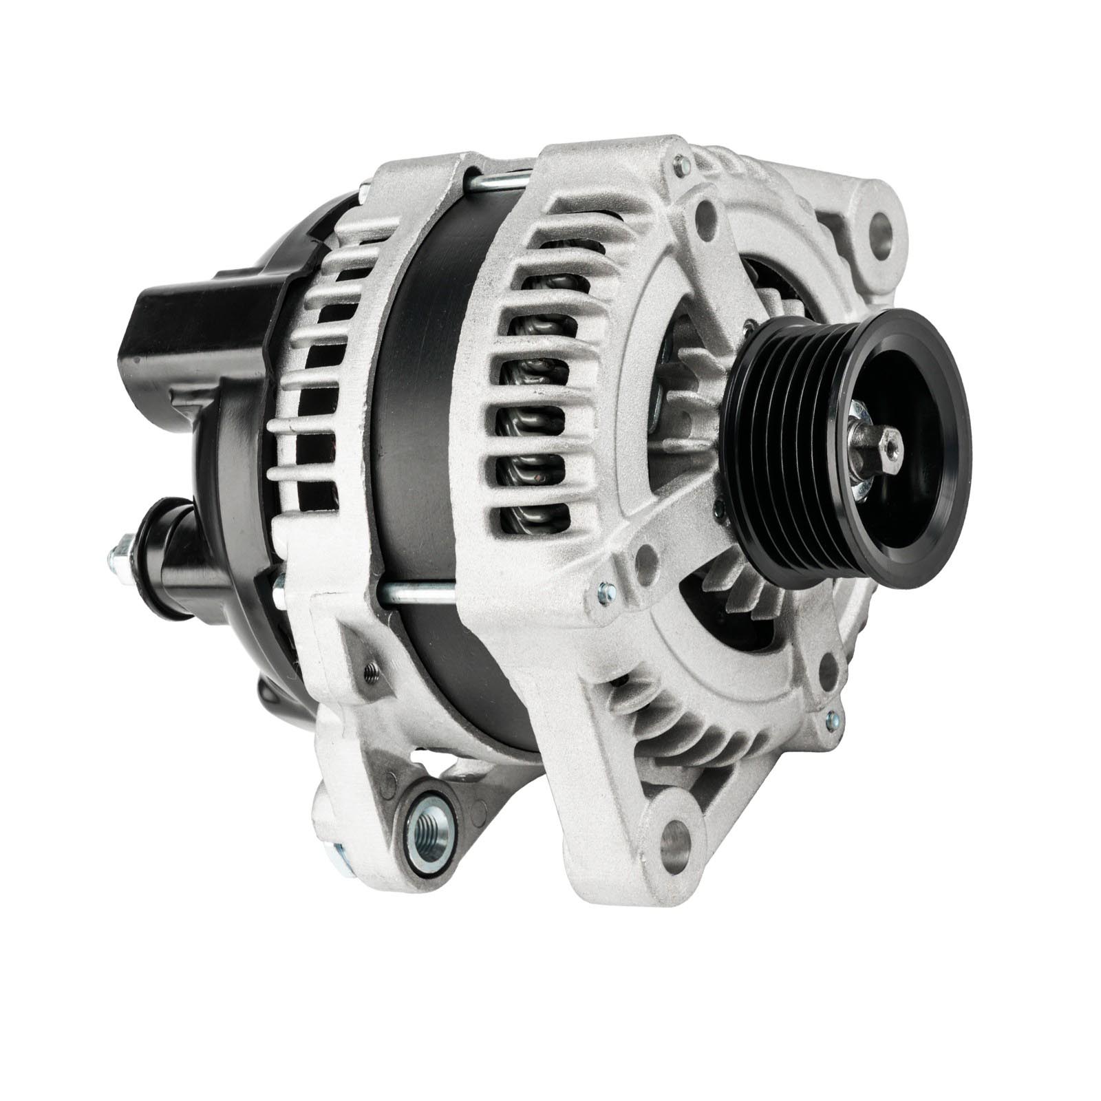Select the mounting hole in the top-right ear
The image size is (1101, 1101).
pyautogui.click(x=881, y=226)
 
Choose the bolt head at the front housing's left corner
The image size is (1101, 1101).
pyautogui.click(x=606, y=592)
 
